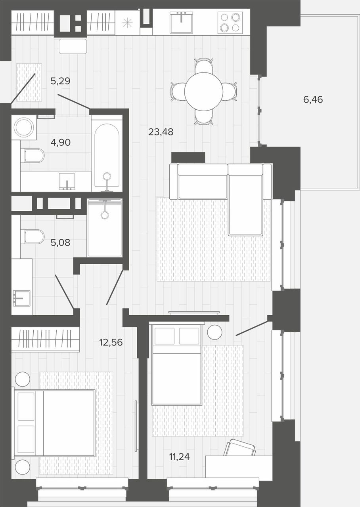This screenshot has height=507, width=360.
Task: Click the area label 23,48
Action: pyautogui.click(x=161, y=132)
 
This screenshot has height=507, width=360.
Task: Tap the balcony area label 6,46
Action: pyautogui.click(x=313, y=99)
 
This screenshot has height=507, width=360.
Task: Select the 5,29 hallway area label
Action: pyautogui.click(x=60, y=81)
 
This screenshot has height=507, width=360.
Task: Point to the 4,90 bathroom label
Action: pyautogui.click(x=61, y=142)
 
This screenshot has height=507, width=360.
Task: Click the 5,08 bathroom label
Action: pyautogui.click(x=60, y=243)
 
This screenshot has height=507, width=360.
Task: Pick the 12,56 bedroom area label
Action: pyautogui.click(x=111, y=342)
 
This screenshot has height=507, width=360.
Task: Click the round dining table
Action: pyautogui.click(x=204, y=91)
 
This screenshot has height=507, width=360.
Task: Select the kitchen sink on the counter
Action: pyautogui.click(x=181, y=22)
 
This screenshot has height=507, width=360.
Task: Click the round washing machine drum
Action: pyautogui.click(x=24, y=128)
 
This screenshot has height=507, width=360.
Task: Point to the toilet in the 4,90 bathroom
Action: pyautogui.click(x=33, y=156)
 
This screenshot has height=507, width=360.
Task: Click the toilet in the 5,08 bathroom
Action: pyautogui.click(x=33, y=237)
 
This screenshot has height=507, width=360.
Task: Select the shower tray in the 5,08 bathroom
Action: pyautogui.click(x=104, y=228)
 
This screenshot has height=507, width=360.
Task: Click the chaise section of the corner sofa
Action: pyautogui.click(x=245, y=200)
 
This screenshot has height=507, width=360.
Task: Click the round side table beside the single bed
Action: pyautogui.click(x=214, y=332)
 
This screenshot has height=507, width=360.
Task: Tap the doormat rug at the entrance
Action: pyautogui.click(x=29, y=82)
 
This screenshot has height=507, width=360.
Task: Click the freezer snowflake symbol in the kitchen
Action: pyautogui.click(x=127, y=23)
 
